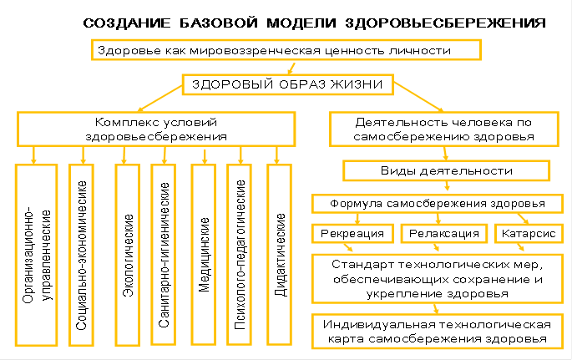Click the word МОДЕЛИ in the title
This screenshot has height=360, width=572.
pyautogui.click(x=301, y=23)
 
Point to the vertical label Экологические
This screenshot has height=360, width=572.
pyautogui.click(x=128, y=256)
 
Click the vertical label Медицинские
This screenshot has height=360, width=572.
pyautogui.click(x=205, y=255)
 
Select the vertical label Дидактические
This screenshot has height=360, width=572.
pyautogui.click(x=281, y=255)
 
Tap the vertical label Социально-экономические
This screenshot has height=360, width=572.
pyautogui.click(x=82, y=256)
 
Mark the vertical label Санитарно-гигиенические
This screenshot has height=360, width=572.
pyautogui.click(x=165, y=255)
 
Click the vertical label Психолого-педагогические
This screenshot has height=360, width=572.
pyautogui.click(x=240, y=255)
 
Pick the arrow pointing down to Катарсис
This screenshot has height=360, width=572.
pyautogui.click(x=524, y=218)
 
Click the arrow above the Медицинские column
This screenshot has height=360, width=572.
pyautogui.click(x=205, y=156)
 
